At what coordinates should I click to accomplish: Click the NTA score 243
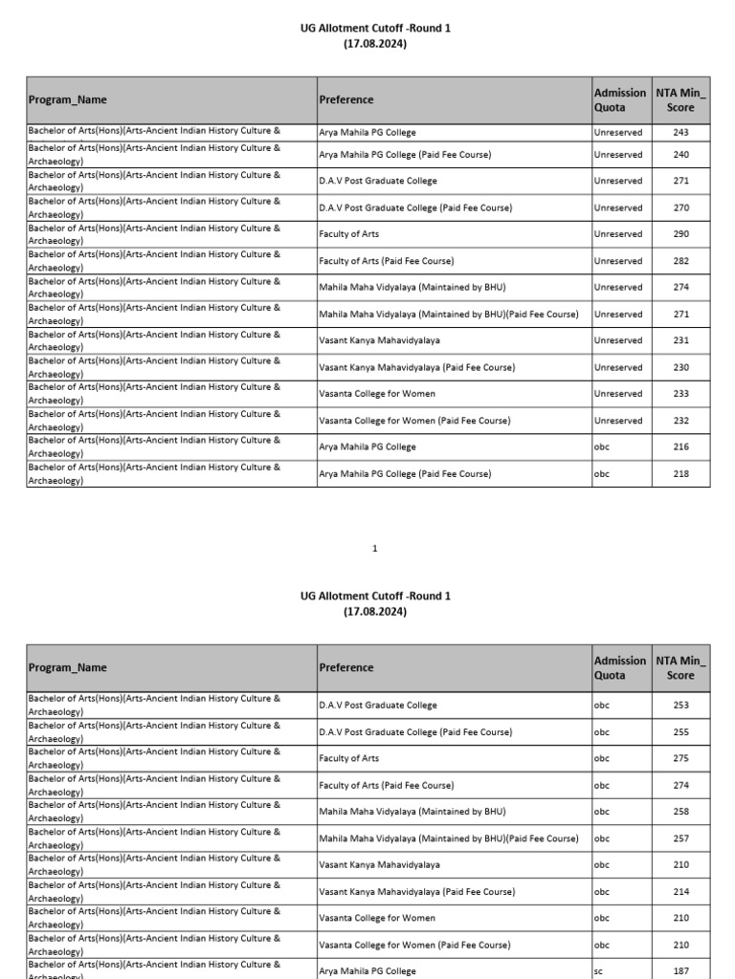tap(680, 133)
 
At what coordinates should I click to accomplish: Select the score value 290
tap(680, 234)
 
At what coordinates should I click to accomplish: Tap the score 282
tap(680, 261)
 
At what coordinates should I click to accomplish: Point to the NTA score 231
tap(680, 340)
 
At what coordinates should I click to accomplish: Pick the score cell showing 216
tap(680, 447)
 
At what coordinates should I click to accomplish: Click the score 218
tap(680, 474)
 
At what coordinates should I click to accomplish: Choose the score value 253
tap(680, 706)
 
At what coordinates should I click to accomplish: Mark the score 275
tap(680, 758)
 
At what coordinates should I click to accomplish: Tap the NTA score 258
tap(680, 812)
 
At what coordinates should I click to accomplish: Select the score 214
tap(680, 892)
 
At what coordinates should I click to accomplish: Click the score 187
tap(680, 971)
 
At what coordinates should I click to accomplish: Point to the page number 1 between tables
tap(375, 549)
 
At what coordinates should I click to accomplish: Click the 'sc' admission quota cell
tap(599, 971)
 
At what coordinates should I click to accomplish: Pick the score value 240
tap(680, 155)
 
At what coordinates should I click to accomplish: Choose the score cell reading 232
tap(680, 421)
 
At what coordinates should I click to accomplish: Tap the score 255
tap(680, 732)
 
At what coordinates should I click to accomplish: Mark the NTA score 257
tap(680, 838)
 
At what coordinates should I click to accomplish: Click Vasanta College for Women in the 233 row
tap(377, 394)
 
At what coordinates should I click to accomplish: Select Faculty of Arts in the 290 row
tap(348, 234)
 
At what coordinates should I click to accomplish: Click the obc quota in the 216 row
tap(602, 447)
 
